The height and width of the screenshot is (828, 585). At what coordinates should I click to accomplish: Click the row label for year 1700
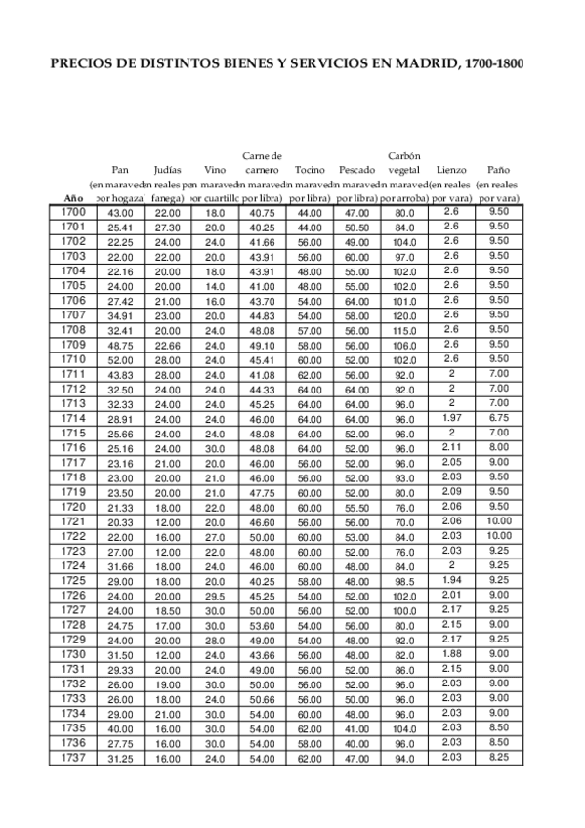click(73, 212)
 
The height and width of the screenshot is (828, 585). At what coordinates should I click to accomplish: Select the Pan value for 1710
click(120, 359)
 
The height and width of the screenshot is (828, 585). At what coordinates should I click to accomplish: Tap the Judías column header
click(167, 169)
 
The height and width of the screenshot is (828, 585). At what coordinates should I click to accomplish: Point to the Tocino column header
click(310, 169)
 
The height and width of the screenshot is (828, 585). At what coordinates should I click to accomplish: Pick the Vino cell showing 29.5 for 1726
click(215, 596)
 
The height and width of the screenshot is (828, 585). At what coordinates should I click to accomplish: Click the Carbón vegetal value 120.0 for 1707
click(404, 315)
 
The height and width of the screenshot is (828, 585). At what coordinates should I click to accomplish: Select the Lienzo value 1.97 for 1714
click(450, 418)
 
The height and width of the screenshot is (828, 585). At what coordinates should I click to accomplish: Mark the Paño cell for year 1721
click(498, 521)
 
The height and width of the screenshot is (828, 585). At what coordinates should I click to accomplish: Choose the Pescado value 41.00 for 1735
click(356, 728)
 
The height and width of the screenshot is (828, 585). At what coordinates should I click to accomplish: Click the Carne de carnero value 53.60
click(262, 625)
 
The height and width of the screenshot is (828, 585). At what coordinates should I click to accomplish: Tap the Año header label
click(73, 198)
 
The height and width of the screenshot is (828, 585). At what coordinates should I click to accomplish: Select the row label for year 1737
click(73, 758)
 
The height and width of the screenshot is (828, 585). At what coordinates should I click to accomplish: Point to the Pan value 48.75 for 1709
click(120, 345)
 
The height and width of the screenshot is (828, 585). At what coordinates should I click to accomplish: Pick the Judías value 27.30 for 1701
click(167, 227)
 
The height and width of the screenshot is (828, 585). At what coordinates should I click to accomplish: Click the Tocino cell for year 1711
click(310, 374)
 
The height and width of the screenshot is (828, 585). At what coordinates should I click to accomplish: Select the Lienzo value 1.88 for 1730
click(450, 653)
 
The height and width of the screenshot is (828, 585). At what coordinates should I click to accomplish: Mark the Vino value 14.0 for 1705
click(215, 286)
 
